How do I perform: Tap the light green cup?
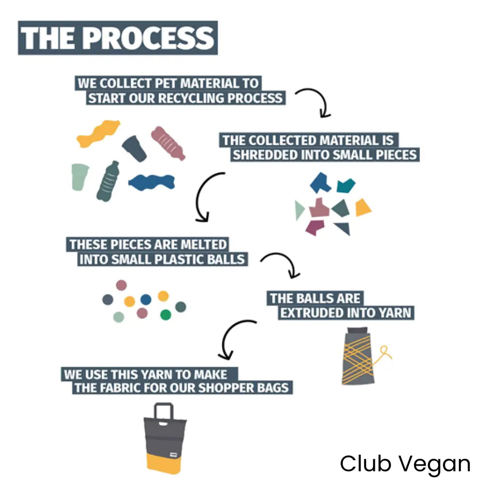point(80,177)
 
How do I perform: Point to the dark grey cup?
point(134,147)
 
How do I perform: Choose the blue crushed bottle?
point(152,182)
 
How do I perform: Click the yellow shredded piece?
point(363,208)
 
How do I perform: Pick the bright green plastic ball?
point(166,315)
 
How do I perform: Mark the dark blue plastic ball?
point(145,299)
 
